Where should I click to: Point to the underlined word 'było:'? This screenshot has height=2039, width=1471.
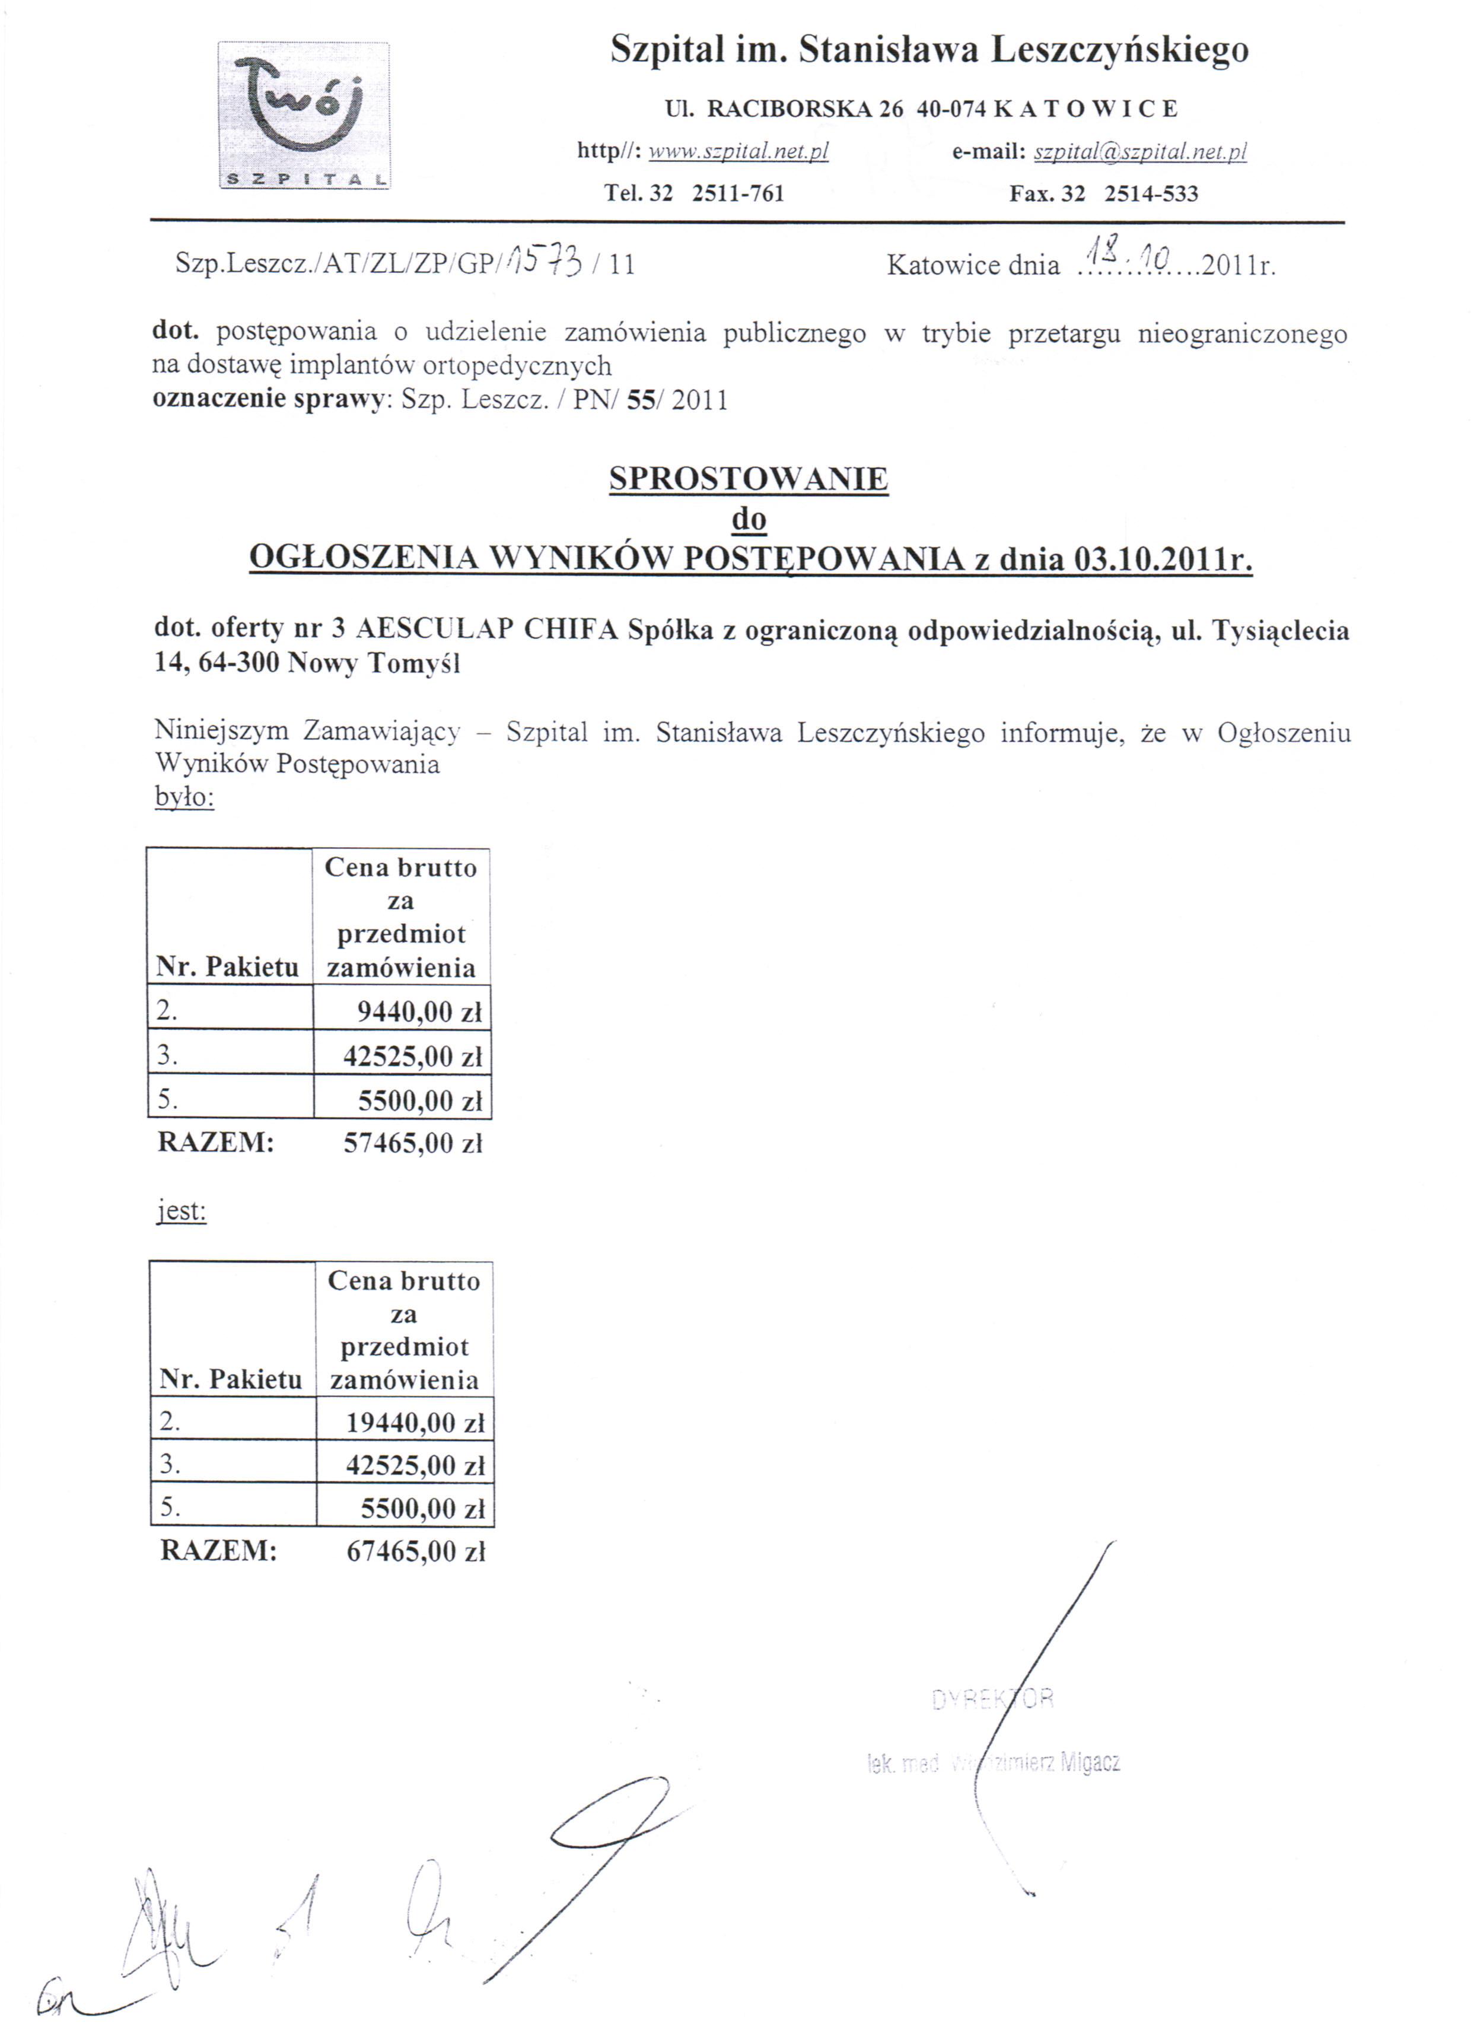point(184,797)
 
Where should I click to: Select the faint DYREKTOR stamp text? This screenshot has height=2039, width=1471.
point(993,1698)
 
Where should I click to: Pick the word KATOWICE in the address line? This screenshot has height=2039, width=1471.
point(1085,109)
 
